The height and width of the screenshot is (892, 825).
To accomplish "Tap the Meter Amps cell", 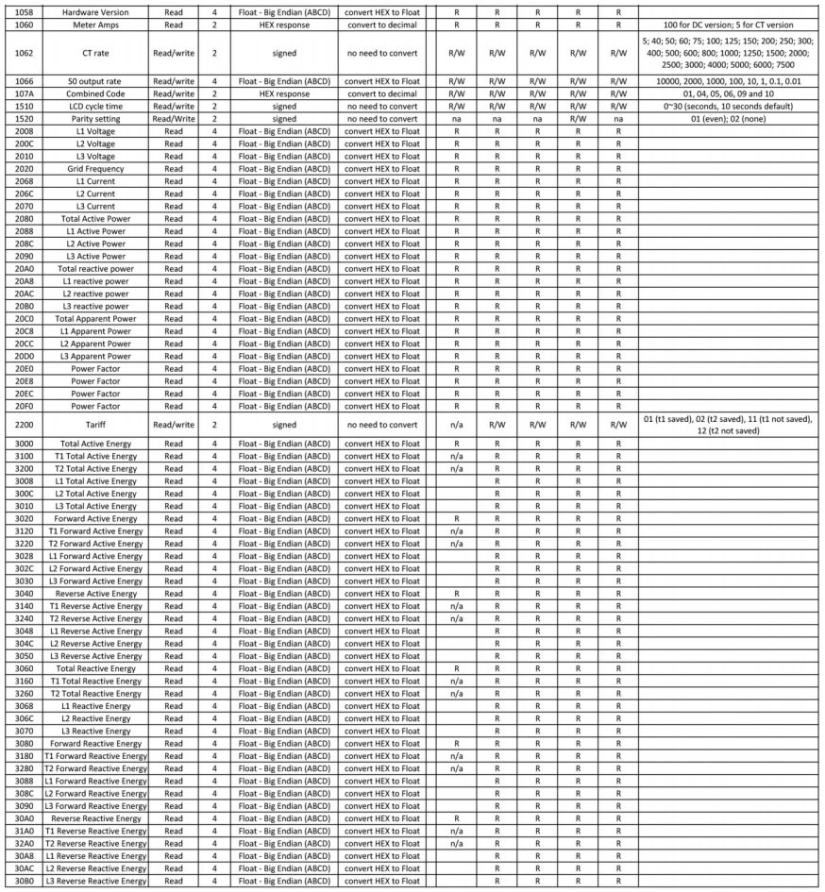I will pos(94,26).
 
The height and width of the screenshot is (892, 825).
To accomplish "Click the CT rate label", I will pos(94,53).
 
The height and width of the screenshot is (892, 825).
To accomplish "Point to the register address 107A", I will pos(25,94).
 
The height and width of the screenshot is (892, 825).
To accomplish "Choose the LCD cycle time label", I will pos(94,107).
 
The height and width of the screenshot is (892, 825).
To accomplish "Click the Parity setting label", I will pos(94,119).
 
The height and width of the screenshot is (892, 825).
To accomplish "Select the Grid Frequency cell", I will pos(94,168).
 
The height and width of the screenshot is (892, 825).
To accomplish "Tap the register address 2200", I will pos(25,425).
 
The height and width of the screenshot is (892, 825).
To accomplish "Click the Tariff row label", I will pos(94,425).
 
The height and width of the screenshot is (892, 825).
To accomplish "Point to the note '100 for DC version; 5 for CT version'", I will pos(730,26).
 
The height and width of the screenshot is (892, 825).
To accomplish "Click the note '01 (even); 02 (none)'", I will pos(730,119).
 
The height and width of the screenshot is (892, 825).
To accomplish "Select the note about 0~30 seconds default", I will pos(730,107).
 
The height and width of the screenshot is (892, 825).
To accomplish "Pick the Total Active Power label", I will pos(94,218).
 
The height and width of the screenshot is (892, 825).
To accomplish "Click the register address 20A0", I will pos(25,268).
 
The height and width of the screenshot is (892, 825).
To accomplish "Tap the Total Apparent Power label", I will pos(94,319).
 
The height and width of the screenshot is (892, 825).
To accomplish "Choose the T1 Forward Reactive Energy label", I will pos(94,756).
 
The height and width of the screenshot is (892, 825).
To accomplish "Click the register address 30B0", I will pos(25,881).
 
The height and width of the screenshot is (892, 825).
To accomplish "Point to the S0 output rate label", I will pos(94,82).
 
